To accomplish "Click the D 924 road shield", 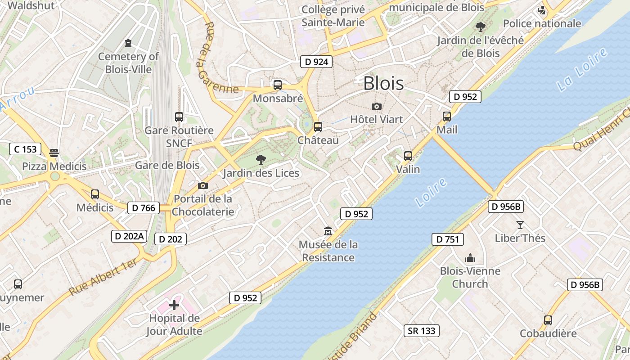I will [x=316, y=62].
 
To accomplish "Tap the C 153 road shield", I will [x=25, y=149].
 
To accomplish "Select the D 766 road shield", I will [x=144, y=207].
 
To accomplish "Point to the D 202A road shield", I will [x=130, y=236].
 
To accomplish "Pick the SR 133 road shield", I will [x=421, y=331].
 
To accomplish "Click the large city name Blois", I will [x=383, y=83].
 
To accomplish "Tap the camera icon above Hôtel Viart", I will [x=377, y=106].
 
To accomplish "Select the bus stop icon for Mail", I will [x=446, y=117].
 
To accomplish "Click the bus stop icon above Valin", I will [x=408, y=156].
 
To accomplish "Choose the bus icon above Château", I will [x=318, y=127].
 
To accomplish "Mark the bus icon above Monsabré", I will [x=278, y=85].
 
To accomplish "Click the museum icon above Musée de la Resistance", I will [x=328, y=231].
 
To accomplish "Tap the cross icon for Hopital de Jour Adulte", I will [x=174, y=305].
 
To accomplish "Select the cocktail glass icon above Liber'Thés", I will [x=520, y=225].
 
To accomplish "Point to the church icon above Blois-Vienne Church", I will [x=470, y=258].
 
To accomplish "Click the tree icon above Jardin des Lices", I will [x=261, y=159].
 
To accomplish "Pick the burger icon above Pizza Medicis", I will [x=54, y=153].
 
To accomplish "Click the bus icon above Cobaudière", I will [x=548, y=320].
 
